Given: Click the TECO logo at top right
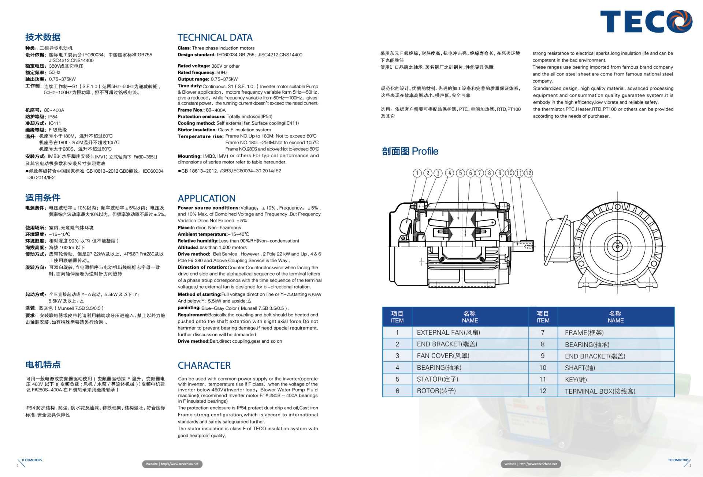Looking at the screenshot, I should [x=646, y=22].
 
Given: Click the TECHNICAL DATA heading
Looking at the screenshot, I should [x=215, y=38].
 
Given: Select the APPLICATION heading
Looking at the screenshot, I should [x=207, y=198].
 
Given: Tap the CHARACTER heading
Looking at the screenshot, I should [x=204, y=365].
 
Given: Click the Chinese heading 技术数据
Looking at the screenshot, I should [x=43, y=37].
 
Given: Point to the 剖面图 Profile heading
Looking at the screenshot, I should [x=410, y=151].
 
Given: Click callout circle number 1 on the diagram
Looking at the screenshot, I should [x=417, y=173].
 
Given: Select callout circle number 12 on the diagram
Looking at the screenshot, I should [x=528, y=173].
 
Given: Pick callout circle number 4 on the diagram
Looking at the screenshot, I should [x=449, y=173].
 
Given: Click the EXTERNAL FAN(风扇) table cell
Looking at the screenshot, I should [x=448, y=333].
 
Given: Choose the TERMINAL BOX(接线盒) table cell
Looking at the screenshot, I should [x=600, y=391].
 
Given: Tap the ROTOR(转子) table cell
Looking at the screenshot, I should [x=436, y=391].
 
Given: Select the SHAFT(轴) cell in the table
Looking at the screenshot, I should [x=580, y=368].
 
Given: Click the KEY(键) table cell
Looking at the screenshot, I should [x=576, y=380].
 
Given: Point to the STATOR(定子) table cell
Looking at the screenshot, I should [x=437, y=379].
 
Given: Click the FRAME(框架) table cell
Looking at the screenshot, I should [x=584, y=333].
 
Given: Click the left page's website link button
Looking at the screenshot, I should [x=172, y=464].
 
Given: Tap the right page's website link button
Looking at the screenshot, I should [x=531, y=464].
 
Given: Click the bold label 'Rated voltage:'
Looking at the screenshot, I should [x=194, y=66].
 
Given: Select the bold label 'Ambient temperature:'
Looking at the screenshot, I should [x=202, y=234].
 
